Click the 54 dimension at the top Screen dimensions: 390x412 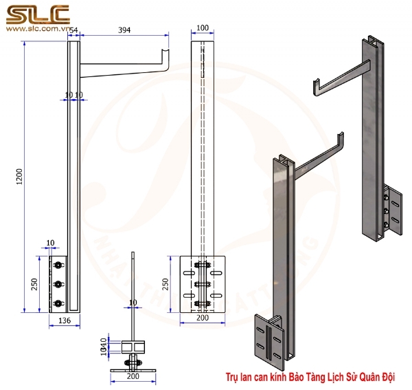coord(73,31)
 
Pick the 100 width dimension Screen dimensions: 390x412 coord(202,28)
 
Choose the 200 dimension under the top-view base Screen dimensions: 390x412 coord(133,377)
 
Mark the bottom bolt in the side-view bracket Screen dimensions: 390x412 coord(60,302)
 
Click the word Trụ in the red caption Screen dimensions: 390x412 coord(231,378)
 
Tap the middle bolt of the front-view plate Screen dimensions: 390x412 coord(202,284)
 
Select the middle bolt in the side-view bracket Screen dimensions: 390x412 coord(60,283)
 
